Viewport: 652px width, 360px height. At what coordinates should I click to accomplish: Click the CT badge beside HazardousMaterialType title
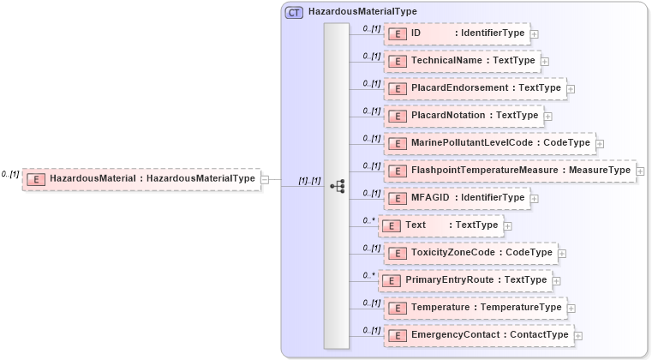294,13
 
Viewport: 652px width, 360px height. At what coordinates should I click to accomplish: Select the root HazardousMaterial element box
141,178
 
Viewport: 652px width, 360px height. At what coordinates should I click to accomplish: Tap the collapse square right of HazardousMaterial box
266,179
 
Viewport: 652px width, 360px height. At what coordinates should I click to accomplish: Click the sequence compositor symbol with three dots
337,185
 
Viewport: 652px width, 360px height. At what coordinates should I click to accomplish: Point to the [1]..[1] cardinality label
309,181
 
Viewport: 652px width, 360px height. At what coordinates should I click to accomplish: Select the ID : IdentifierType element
458,33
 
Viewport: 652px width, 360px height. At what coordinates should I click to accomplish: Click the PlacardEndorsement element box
476,88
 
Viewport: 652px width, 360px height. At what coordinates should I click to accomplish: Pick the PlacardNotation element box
464,116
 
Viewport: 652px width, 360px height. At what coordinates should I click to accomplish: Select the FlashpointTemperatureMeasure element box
511,171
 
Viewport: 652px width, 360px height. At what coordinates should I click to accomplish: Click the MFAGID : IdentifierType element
458,198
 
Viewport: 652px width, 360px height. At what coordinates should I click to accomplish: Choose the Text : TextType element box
440,225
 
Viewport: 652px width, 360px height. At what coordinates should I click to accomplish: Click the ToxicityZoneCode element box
471,253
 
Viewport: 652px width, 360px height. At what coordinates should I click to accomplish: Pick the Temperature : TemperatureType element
476,308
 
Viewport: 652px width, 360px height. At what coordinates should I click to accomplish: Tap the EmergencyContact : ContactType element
479,335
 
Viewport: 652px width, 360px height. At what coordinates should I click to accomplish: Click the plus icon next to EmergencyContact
578,336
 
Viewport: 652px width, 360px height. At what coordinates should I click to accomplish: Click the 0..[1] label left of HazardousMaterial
10,174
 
